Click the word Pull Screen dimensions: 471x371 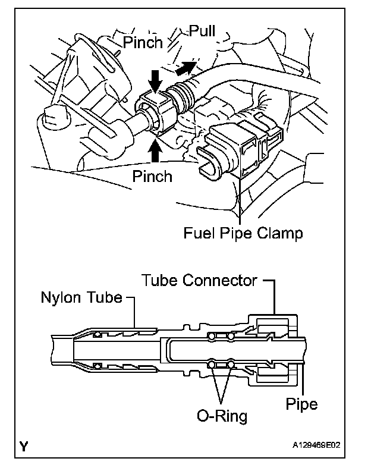[x=203, y=31]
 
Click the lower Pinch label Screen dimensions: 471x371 [x=152, y=176]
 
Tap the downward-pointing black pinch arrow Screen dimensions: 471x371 [x=155, y=80]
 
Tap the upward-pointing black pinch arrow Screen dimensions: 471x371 [x=156, y=152]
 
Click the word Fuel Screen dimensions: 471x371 [x=200, y=233]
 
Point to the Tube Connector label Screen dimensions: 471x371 [x=199, y=280]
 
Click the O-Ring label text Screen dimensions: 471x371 [x=222, y=415]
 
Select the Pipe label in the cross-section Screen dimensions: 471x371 [x=301, y=404]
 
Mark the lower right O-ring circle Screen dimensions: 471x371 [x=230, y=363]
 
